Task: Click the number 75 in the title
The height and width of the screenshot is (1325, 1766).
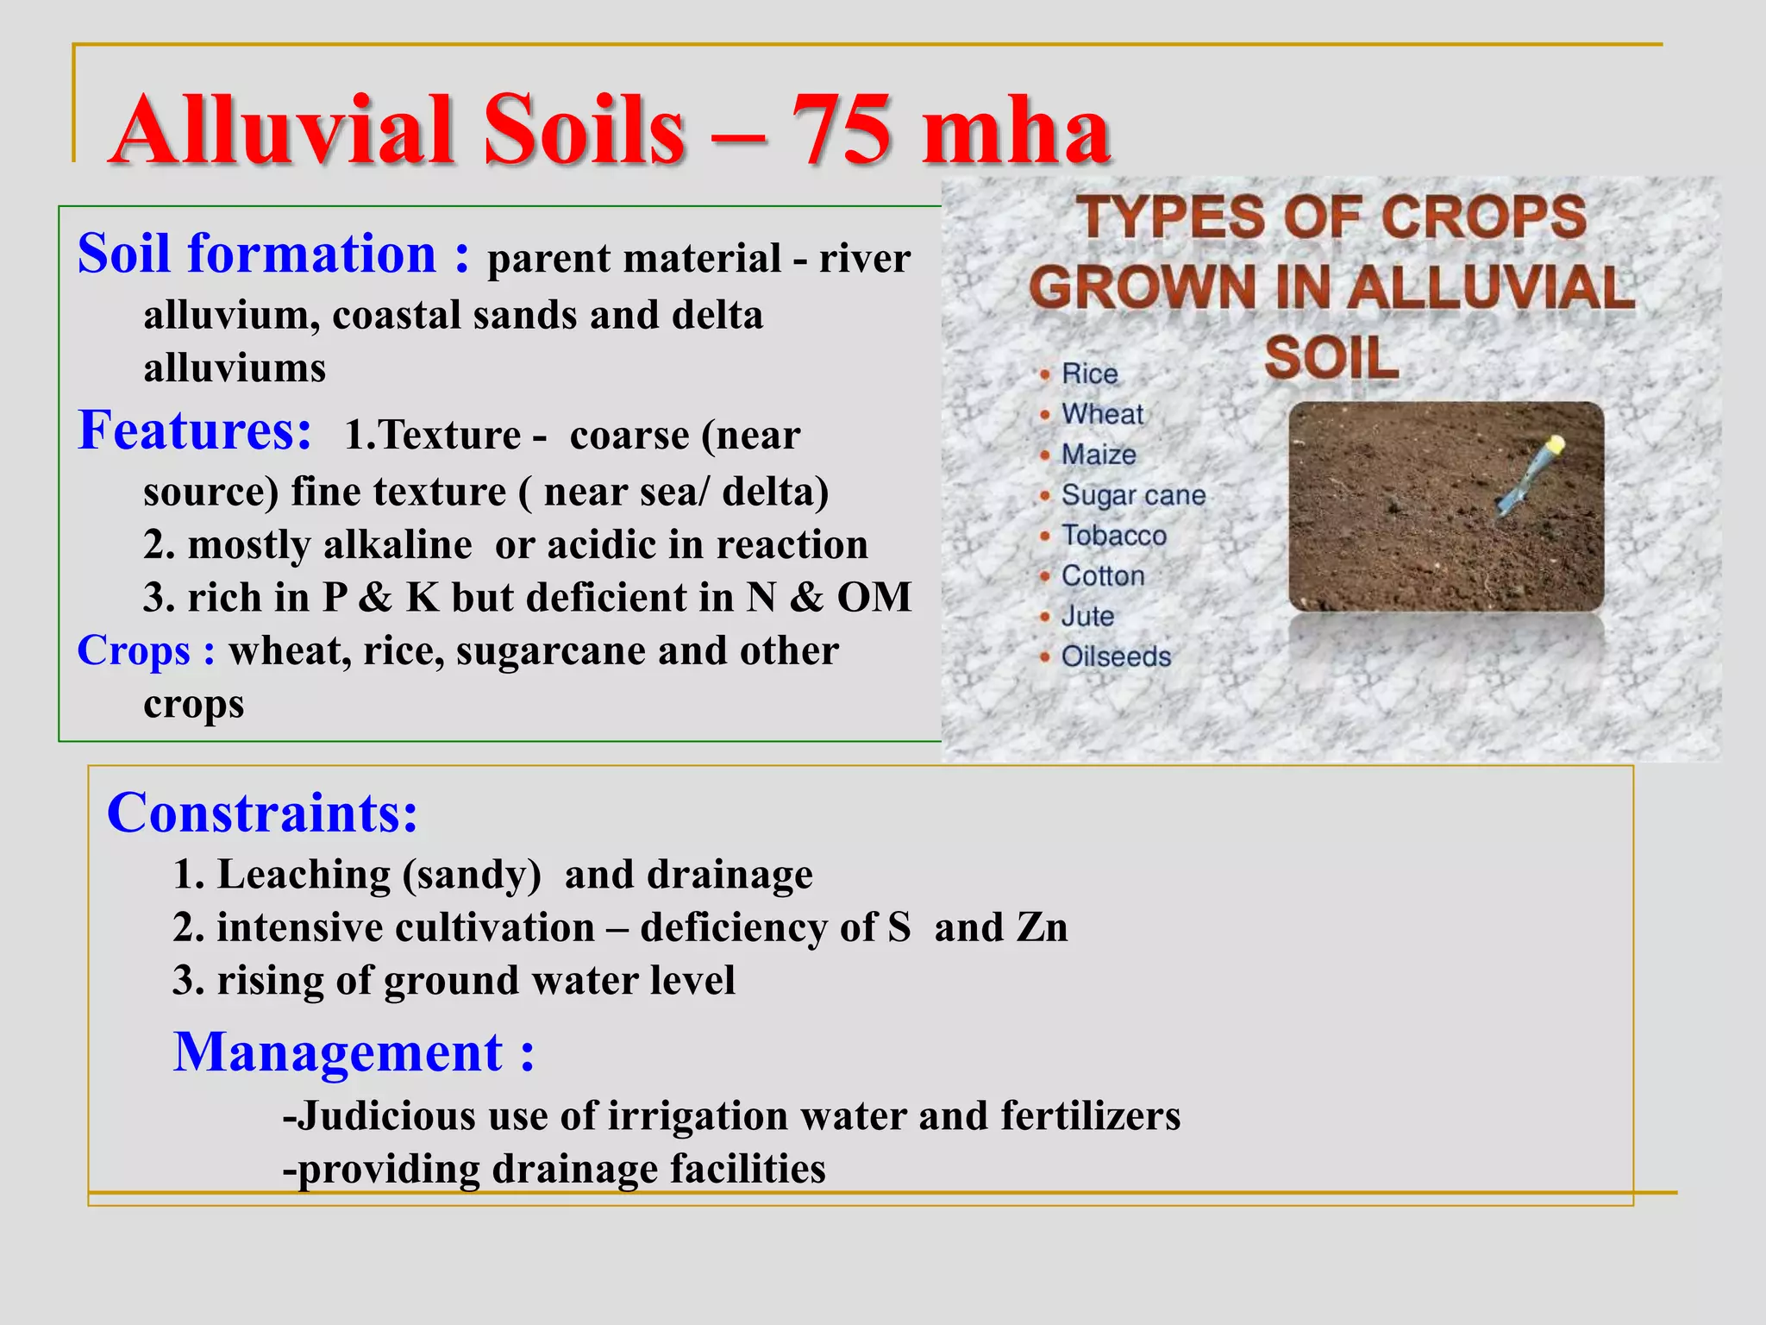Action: (840, 131)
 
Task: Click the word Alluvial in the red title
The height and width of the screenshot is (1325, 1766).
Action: (283, 131)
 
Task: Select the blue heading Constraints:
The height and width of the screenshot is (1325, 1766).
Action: (262, 813)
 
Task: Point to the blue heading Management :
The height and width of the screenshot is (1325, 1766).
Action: (354, 1052)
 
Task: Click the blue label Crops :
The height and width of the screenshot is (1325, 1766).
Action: (146, 650)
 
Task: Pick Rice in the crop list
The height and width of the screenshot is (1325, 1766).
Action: (1089, 374)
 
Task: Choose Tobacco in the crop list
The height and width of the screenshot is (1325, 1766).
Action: (1113, 536)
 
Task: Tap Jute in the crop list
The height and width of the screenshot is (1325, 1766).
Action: (1087, 616)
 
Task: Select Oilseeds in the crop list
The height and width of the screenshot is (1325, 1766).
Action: (1116, 656)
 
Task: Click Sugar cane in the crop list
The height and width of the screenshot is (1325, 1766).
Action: (1133, 495)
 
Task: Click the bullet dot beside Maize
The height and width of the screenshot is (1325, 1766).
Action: (1045, 455)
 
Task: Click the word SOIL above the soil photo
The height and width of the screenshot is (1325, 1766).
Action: (1331, 358)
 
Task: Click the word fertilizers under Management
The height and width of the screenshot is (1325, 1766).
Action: (1091, 1116)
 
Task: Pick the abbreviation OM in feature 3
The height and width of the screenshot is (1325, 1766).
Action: (874, 598)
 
